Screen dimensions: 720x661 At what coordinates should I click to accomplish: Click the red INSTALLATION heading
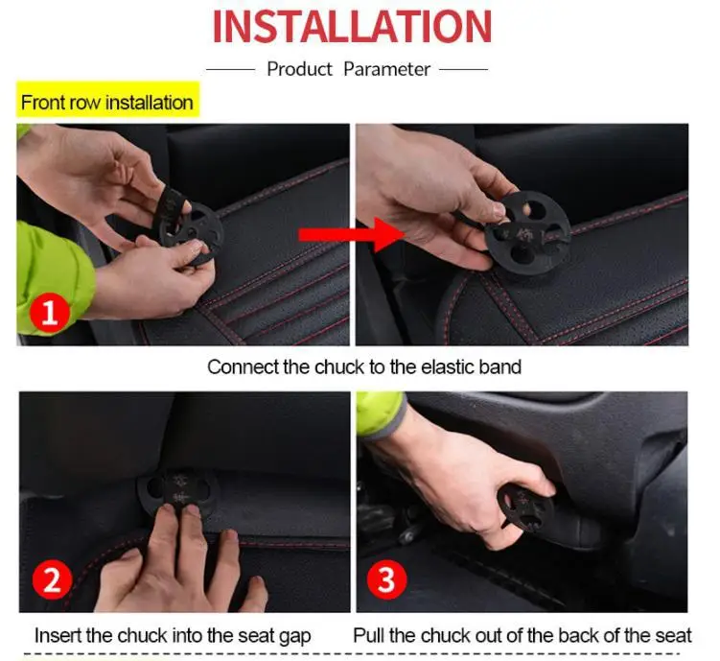point(352,26)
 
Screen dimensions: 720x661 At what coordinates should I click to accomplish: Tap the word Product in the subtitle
point(299,69)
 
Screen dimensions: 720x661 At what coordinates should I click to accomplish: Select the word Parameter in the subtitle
point(386,69)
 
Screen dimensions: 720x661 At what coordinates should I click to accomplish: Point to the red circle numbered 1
point(50,314)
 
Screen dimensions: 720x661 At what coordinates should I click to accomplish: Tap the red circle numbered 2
point(52,579)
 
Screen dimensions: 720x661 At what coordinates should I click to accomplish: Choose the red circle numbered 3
point(386,579)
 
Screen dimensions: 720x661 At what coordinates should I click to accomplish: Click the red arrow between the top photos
point(351,235)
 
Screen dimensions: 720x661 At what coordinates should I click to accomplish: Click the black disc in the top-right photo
point(528,233)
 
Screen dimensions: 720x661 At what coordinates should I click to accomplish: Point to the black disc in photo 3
point(525,508)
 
